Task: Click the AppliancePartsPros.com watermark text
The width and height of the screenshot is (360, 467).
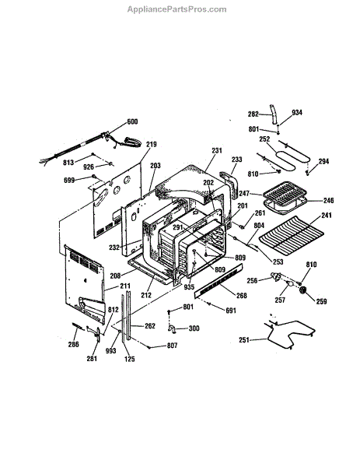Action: click(177, 9)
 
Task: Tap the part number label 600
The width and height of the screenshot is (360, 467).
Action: click(132, 121)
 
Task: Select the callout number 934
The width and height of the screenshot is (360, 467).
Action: click(297, 112)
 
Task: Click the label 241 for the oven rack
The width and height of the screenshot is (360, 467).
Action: click(327, 215)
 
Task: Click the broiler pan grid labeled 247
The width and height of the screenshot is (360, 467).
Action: click(281, 193)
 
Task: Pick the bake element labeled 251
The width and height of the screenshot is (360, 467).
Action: click(289, 333)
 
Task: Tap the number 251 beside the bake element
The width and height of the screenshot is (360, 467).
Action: click(244, 340)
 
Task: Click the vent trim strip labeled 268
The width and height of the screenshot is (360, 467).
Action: click(218, 280)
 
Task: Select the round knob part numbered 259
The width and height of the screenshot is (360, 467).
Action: click(303, 290)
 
